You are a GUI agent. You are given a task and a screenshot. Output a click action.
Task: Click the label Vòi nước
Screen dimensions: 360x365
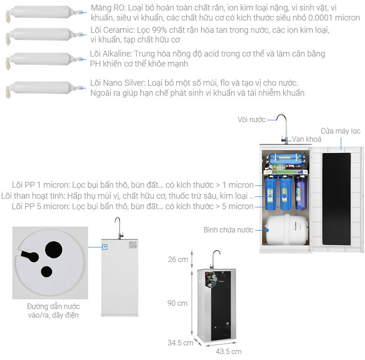251,119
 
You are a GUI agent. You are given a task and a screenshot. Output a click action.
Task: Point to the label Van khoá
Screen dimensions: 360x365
307,139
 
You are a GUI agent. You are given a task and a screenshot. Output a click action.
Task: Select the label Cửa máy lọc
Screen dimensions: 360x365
340,131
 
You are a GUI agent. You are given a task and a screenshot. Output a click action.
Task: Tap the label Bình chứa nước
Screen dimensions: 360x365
228,230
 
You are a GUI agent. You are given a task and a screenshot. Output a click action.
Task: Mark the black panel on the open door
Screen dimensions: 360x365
336,200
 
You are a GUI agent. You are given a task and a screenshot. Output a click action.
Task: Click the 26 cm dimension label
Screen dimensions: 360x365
178,260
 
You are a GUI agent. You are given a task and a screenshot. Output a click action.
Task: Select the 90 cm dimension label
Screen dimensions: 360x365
178,303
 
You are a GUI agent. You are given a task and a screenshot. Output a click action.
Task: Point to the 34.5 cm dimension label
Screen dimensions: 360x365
180,343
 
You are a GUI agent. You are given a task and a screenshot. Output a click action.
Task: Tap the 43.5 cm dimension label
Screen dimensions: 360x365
228,351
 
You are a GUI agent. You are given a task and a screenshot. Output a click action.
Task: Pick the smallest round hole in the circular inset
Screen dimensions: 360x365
47,272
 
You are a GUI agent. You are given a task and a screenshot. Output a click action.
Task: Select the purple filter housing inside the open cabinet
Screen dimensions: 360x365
300,192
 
